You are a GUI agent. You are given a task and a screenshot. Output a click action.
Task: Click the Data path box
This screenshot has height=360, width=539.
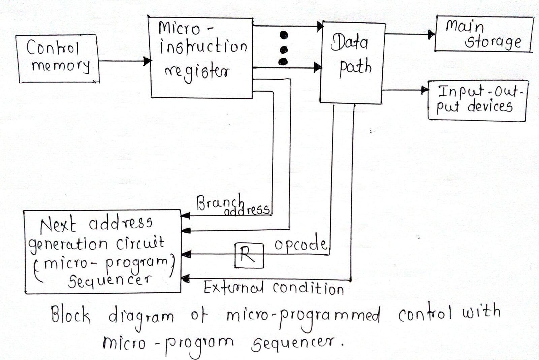coord(352,62)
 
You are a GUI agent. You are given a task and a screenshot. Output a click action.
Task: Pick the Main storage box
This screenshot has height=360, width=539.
coord(483,34)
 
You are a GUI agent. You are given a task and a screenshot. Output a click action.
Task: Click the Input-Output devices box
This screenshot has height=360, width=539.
coord(477,100)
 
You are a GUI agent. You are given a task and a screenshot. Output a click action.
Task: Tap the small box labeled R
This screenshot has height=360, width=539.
coord(249,255)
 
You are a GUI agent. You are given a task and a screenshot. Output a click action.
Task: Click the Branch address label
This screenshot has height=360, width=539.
coord(232,205)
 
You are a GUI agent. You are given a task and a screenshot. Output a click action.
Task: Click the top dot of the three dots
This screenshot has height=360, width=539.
coord(284,35)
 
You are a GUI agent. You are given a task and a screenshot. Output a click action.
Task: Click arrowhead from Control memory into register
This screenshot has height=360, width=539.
coord(147,61)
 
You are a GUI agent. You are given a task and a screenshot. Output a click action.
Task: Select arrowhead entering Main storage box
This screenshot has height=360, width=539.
coord(431,34)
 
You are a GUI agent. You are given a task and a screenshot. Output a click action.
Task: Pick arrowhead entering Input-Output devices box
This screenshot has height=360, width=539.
coord(424,90)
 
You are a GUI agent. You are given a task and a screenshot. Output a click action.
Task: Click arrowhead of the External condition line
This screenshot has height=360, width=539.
coord(185,279)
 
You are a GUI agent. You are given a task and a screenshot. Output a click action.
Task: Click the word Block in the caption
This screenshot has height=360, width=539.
coord(70,315)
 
